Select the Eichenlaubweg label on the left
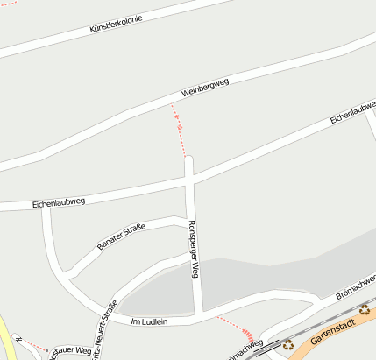pos(58,203)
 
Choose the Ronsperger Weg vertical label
pos(194,248)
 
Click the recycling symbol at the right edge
pos(364,309)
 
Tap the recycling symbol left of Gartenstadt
pos(287,344)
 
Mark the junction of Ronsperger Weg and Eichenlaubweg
pos(189,181)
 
